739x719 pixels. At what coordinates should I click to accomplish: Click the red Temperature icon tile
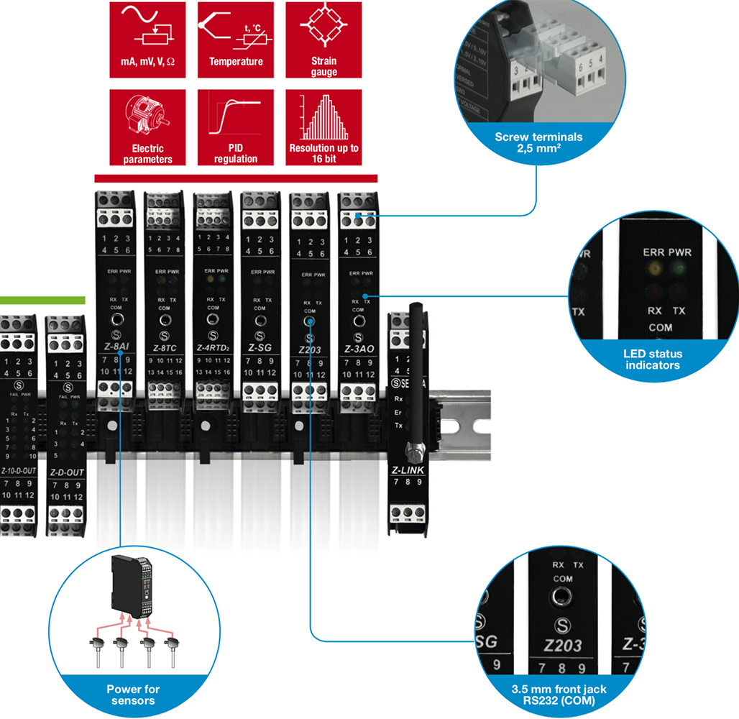pyautogui.click(x=236, y=40)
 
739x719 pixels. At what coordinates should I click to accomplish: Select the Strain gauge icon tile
pyautogui.click(x=323, y=40)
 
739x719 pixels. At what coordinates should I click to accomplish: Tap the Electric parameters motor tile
pyautogui.click(x=148, y=127)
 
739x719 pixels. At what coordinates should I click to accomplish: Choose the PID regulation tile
pyautogui.click(x=236, y=127)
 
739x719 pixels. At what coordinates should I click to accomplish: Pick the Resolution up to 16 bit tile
pyautogui.click(x=323, y=127)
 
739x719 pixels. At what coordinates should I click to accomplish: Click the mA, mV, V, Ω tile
pyautogui.click(x=148, y=40)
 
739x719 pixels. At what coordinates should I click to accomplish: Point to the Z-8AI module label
pyautogui.click(x=111, y=348)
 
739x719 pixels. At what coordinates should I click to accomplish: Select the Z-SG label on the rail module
pyautogui.click(x=260, y=348)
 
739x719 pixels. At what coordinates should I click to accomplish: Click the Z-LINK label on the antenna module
pyautogui.click(x=408, y=471)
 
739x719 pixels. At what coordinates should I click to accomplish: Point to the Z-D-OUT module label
pyautogui.click(x=66, y=472)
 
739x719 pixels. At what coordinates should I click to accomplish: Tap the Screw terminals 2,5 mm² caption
pyautogui.click(x=538, y=142)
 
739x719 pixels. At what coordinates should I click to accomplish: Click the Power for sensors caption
pyautogui.click(x=134, y=695)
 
